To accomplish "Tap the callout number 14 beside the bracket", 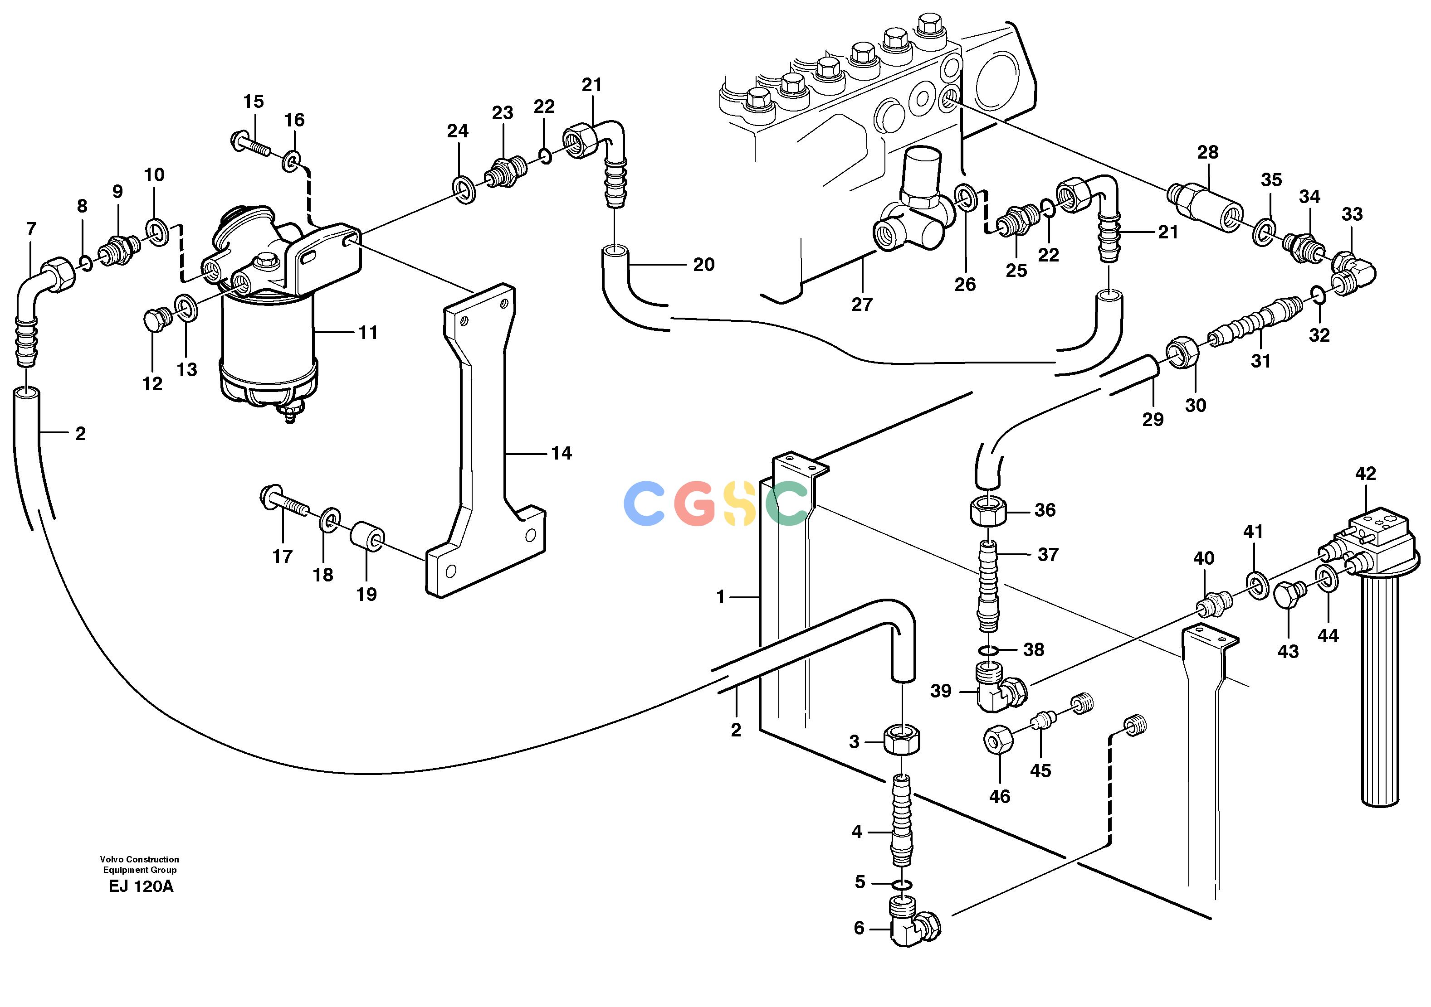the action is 561,453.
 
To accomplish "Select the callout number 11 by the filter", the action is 368,333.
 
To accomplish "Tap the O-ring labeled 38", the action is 986,651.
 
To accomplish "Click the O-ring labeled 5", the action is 901,884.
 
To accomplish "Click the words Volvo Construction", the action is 140,859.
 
